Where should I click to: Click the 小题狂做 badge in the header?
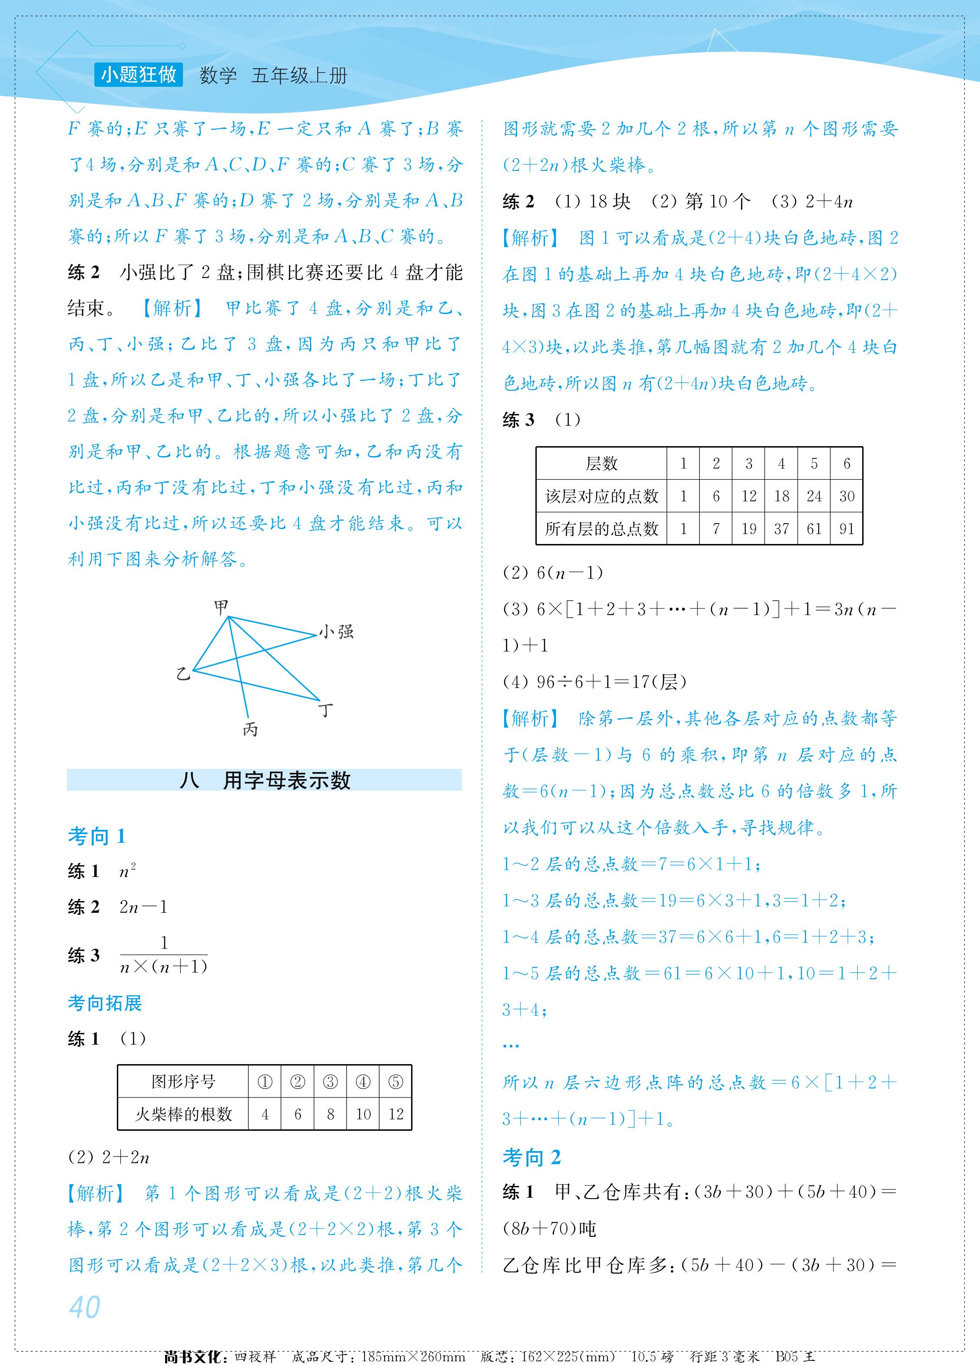(139, 75)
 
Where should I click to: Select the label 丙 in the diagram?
(250, 729)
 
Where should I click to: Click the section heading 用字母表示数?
(286, 780)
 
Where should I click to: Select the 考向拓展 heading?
(105, 1003)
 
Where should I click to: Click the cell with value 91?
(847, 529)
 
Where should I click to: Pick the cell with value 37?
(781, 529)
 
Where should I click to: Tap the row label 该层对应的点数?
(601, 496)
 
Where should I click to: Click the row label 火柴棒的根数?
(183, 1114)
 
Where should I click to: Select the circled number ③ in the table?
(330, 1082)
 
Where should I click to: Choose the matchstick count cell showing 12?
(395, 1114)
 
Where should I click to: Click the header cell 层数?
(601, 463)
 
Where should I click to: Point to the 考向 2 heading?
(532, 1157)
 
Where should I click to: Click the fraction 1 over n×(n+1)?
(164, 955)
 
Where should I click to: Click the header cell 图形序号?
(183, 1082)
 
